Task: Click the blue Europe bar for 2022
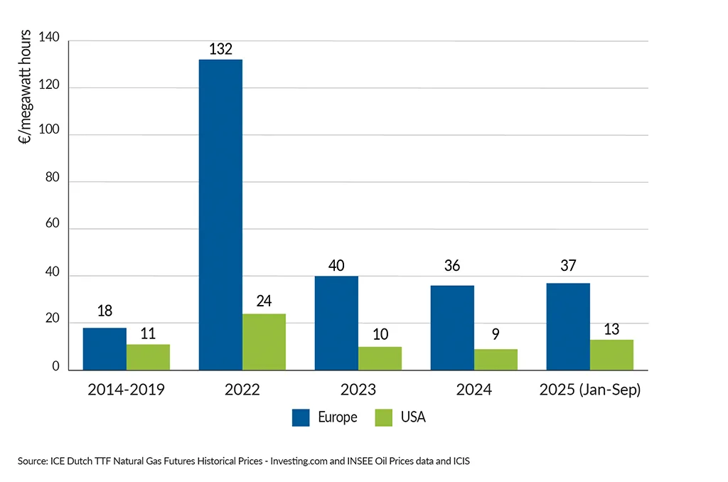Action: pos(220,214)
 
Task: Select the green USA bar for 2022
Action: pos(264,341)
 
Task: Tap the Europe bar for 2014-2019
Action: pos(105,348)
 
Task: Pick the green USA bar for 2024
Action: pos(496,359)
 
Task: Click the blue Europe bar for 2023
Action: pos(336,323)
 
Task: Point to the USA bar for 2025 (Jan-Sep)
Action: pos(611,354)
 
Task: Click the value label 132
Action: pos(220,49)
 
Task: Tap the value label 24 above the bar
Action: pos(264,301)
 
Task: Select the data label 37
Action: pos(568,266)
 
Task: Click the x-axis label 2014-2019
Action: pos(127,390)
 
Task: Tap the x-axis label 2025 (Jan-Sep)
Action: pos(590,390)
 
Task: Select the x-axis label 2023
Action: pos(358,390)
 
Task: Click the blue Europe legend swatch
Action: pos(301,417)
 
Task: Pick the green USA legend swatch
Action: pos(383,417)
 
